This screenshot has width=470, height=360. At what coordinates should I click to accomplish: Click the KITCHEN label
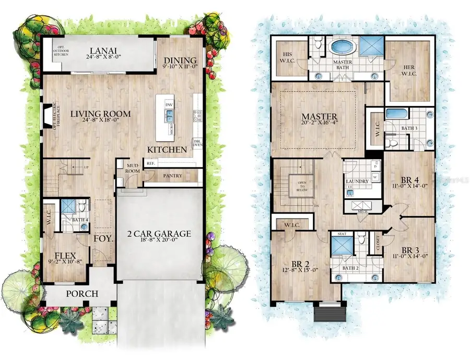(x=167, y=150)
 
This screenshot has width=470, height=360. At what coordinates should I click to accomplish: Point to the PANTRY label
(x=172, y=176)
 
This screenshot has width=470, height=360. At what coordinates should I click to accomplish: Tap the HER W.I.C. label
(x=409, y=69)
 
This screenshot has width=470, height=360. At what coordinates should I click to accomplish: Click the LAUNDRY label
(x=358, y=181)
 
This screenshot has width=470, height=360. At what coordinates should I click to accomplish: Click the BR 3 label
(x=411, y=249)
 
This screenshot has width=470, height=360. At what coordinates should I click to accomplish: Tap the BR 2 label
(x=299, y=262)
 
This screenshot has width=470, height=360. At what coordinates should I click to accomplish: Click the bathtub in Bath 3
(x=397, y=114)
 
